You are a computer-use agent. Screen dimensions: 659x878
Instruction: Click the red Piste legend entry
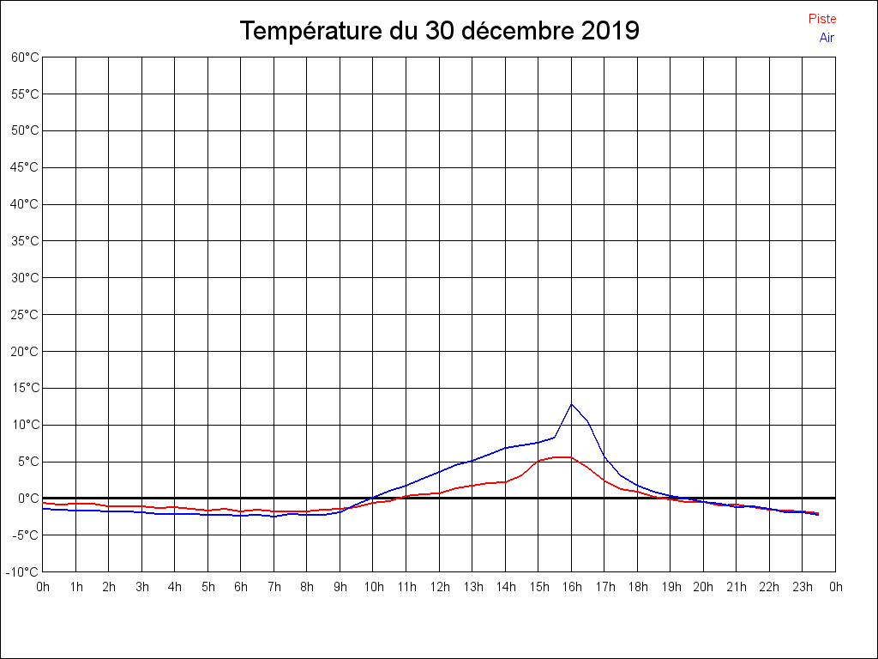[821, 19]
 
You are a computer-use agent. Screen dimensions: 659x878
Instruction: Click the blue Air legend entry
[827, 38]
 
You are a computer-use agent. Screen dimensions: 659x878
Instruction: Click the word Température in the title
[312, 31]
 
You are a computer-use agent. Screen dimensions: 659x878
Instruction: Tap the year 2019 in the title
[610, 31]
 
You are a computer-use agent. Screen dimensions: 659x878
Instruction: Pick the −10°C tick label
[22, 572]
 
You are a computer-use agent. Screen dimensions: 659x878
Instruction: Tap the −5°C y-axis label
[25, 535]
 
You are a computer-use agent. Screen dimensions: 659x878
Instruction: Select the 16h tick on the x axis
[571, 587]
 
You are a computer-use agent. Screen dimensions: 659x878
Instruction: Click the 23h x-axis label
[803, 587]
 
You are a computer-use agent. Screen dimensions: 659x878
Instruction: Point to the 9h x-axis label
[340, 587]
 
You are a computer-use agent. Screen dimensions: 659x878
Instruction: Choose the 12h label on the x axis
[439, 587]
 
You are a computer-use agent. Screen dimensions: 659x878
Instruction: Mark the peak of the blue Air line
[571, 403]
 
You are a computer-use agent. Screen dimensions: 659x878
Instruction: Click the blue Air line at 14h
[505, 448]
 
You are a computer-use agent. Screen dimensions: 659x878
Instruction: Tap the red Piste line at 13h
[472, 486]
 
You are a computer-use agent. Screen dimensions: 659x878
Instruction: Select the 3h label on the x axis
[141, 587]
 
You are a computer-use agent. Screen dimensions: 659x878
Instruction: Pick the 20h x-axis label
[703, 587]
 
